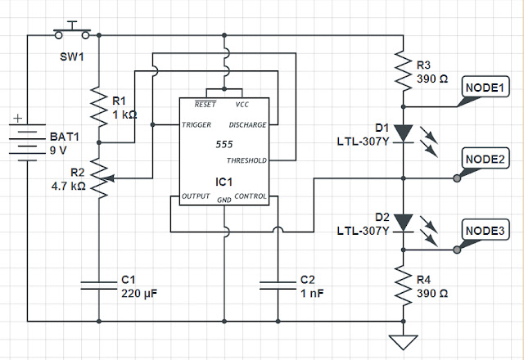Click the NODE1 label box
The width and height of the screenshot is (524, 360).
point(486,87)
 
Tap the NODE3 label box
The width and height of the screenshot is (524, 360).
point(486,230)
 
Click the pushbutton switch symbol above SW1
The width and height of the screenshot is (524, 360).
point(72,31)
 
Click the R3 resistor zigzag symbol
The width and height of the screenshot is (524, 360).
point(404,71)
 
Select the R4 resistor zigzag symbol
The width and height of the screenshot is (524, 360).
point(404,286)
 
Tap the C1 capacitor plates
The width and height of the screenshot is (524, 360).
point(99,286)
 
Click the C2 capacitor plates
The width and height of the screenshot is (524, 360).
point(278,286)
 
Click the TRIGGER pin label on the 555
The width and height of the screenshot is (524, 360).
point(196,125)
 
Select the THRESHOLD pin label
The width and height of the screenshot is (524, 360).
point(246,160)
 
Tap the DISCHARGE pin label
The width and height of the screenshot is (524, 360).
point(247,125)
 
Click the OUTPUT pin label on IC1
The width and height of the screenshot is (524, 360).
point(196,196)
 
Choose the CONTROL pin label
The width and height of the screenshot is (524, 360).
point(251,196)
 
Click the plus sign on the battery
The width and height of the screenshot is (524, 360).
point(18,118)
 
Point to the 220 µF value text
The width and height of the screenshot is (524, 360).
point(139,294)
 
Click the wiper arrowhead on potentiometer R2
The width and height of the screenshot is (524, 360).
point(110,178)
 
